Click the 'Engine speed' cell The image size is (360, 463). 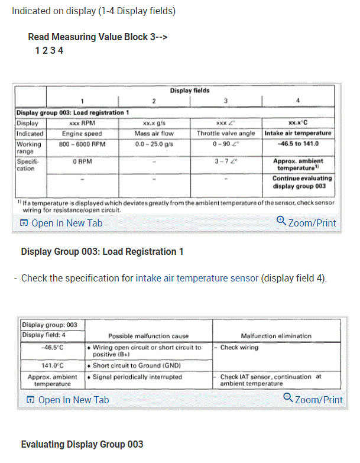click(x=82, y=134)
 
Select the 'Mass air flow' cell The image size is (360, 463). click(x=153, y=134)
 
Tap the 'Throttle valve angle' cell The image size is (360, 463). click(x=226, y=134)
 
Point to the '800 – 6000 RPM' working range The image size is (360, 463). click(x=82, y=144)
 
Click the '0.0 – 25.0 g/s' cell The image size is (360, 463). click(x=153, y=144)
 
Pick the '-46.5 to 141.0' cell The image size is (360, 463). click(x=298, y=144)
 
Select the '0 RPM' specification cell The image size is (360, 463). click(x=82, y=160)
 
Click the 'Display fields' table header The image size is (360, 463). click(x=190, y=90)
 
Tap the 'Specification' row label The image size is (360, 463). click(x=29, y=164)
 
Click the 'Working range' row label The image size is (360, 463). click(x=29, y=148)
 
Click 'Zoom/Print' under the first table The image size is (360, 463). click(x=306, y=223)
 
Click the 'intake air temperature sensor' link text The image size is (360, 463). click(x=197, y=278)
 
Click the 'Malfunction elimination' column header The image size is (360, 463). click(x=276, y=336)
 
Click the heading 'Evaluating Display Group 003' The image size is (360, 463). click(x=82, y=444)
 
